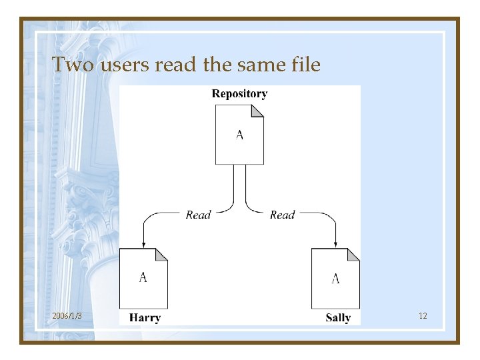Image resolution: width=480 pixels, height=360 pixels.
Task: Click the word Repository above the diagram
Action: (x=239, y=94)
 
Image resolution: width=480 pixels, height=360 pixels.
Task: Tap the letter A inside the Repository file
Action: (x=239, y=135)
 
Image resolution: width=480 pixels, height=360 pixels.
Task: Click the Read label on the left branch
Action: (x=198, y=215)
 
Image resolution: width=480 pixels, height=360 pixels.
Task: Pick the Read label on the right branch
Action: (x=282, y=215)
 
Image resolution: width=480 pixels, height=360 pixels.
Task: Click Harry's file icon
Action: (x=143, y=279)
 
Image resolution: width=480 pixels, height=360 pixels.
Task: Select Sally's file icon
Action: (x=335, y=279)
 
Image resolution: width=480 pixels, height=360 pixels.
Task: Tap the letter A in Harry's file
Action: (x=143, y=277)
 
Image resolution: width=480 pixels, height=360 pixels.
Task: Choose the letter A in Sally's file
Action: (x=335, y=278)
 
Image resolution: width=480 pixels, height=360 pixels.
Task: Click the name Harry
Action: (x=145, y=317)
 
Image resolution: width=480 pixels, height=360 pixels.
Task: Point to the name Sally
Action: (x=338, y=317)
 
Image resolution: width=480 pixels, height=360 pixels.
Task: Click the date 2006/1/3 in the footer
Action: (x=67, y=315)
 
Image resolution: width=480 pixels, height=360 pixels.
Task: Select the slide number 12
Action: (x=423, y=315)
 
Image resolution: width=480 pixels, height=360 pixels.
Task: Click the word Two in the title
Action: (x=68, y=65)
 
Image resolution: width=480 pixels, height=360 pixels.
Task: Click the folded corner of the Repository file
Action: (x=258, y=111)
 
